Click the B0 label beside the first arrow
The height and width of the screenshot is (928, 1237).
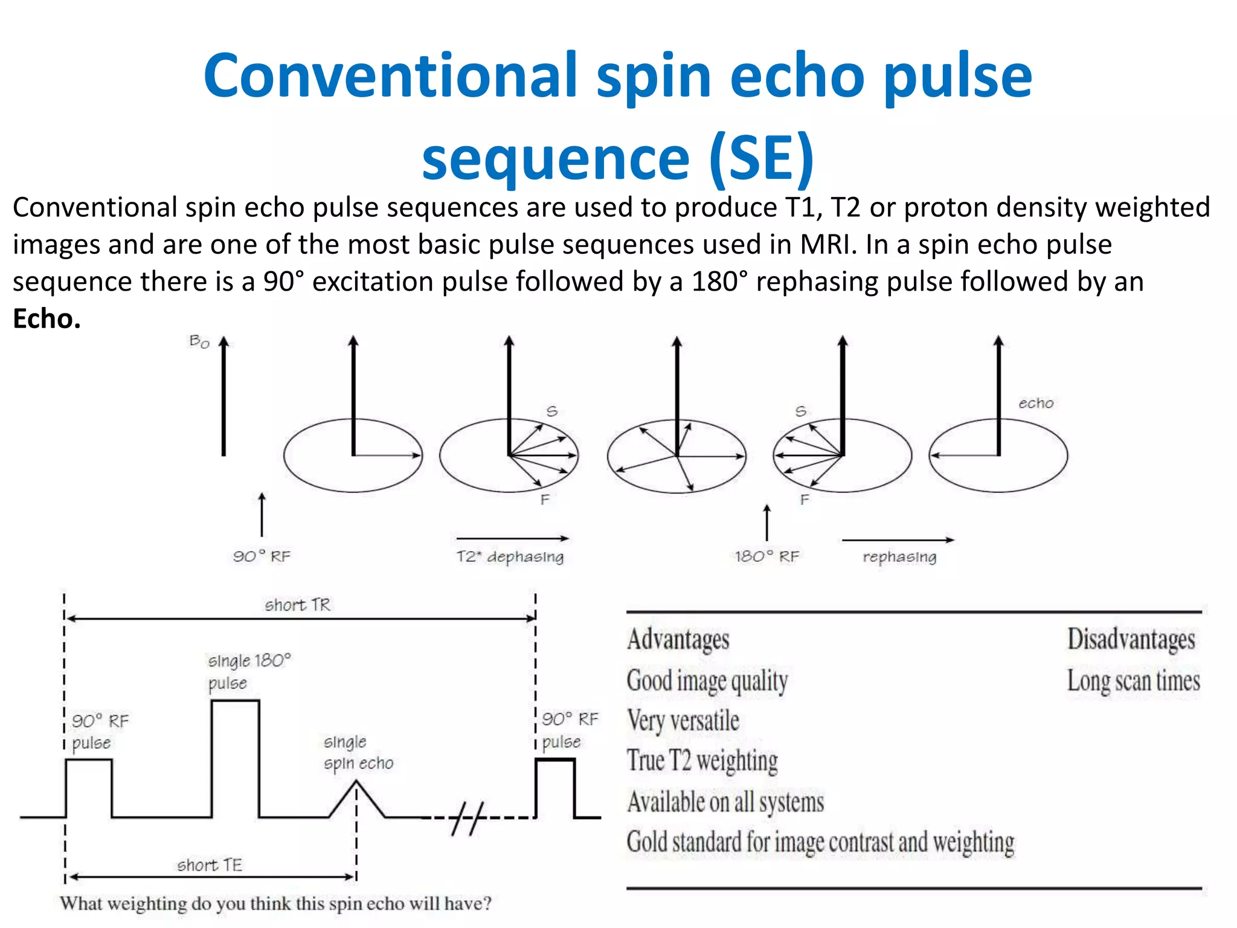[199, 342]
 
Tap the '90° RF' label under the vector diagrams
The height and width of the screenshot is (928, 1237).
[262, 556]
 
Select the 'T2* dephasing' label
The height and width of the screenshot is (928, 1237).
[510, 556]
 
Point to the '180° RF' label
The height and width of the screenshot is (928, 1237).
[766, 556]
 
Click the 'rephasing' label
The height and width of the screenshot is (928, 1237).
[899, 557]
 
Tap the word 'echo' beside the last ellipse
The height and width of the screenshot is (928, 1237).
[1036, 403]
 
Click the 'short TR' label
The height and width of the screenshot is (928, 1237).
[298, 605]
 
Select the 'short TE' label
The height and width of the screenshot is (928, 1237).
[210, 865]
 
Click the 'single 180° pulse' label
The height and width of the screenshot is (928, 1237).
[249, 671]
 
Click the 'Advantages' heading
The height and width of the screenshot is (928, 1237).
[678, 640]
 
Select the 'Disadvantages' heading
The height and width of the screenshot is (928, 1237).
[1131, 640]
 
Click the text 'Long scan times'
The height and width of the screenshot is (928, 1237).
[1133, 681]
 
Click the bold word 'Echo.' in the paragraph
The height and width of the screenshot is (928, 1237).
[47, 319]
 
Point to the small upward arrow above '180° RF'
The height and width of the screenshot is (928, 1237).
[767, 523]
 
